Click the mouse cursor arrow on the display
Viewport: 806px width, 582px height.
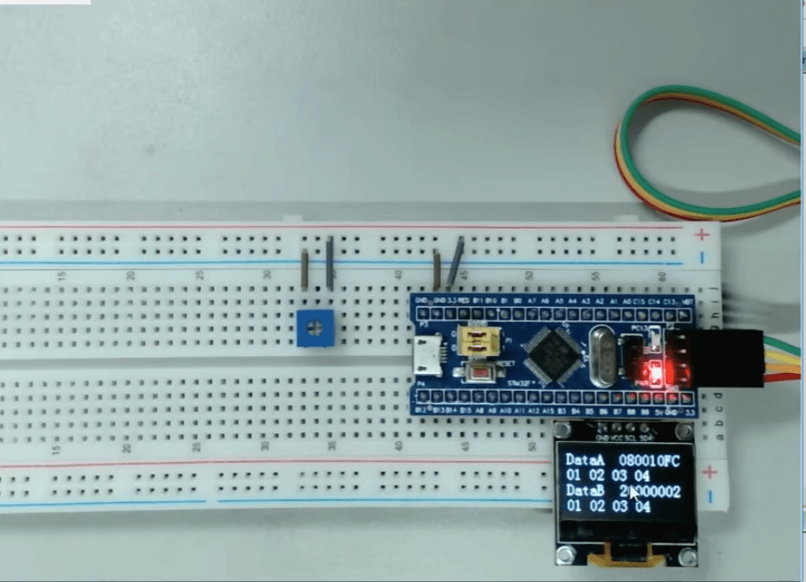coord(634,493)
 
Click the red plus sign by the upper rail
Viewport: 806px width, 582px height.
coord(702,235)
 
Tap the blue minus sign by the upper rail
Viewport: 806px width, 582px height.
coord(703,258)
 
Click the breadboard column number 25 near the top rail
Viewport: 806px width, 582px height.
coord(199,275)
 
